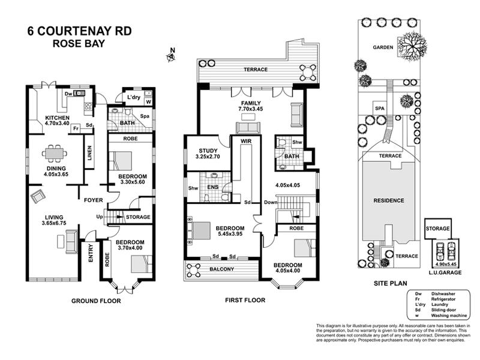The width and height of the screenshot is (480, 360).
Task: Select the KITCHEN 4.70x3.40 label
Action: coord(57,120)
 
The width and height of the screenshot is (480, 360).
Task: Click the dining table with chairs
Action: coord(54,154)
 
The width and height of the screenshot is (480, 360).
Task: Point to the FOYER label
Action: coord(94,200)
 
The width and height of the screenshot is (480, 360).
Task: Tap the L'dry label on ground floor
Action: coord(131,97)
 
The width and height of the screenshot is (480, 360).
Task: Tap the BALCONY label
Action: coord(223,269)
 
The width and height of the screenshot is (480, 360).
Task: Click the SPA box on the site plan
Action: coord(379,108)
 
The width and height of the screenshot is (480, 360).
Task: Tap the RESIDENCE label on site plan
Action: coord(388,200)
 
